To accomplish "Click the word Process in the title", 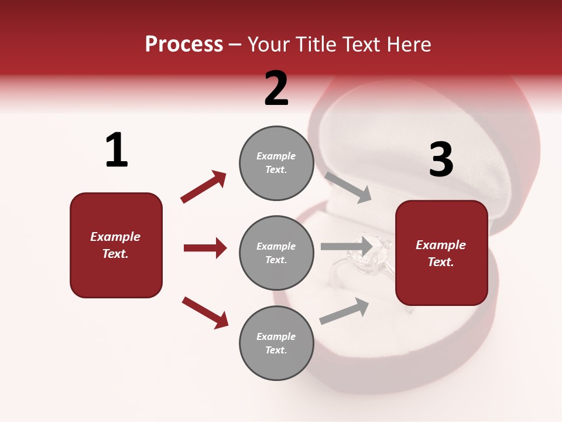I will pyautogui.click(x=184, y=45).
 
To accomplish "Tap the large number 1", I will pyautogui.click(x=116, y=150).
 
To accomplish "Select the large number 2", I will pyautogui.click(x=276, y=89).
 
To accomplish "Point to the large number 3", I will pyautogui.click(x=441, y=159).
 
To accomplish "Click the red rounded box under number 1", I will pyautogui.click(x=116, y=245).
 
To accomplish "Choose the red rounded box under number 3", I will pyautogui.click(x=441, y=253).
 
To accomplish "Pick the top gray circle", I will pyautogui.click(x=276, y=162).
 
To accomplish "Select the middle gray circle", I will pyautogui.click(x=276, y=253).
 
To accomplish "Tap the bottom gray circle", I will pyautogui.click(x=276, y=343).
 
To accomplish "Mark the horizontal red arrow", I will pyautogui.click(x=205, y=248).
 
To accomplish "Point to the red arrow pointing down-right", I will pyautogui.click(x=205, y=312).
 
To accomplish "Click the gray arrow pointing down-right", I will pyautogui.click(x=348, y=187).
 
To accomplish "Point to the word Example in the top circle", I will pyautogui.click(x=276, y=156).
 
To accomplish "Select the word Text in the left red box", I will pyautogui.click(x=115, y=254).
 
